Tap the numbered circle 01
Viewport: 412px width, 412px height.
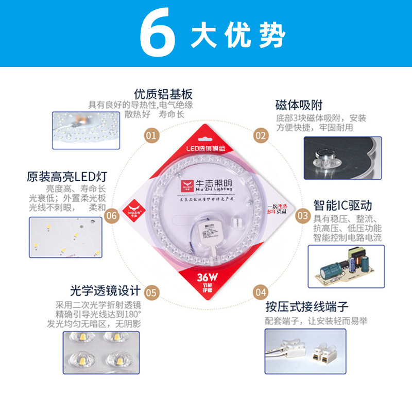pyautogui.click(x=151, y=136)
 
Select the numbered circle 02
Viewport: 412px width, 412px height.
pyautogui.click(x=261, y=136)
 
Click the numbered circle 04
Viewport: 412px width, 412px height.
pyautogui.click(x=261, y=292)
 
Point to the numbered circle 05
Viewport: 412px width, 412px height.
pyautogui.click(x=151, y=292)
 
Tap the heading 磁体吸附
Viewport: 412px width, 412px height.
pyautogui.click(x=299, y=106)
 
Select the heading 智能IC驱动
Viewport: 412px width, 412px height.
pyautogui.click(x=342, y=205)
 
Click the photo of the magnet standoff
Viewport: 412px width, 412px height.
pyautogui.click(x=342, y=157)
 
